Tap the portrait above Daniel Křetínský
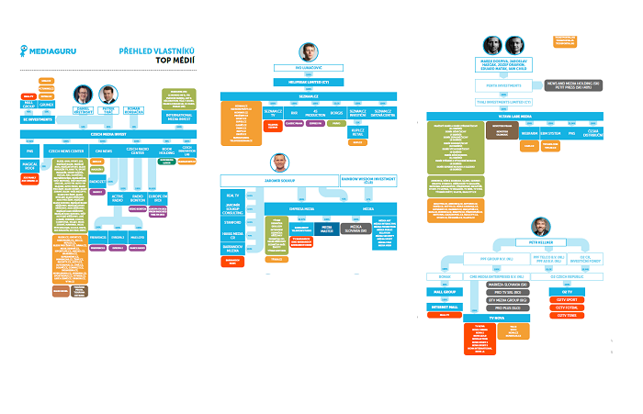tap(82, 95)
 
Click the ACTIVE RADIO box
tap(118, 198)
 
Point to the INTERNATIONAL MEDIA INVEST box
tap(180, 118)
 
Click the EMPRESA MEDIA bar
tap(304, 208)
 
